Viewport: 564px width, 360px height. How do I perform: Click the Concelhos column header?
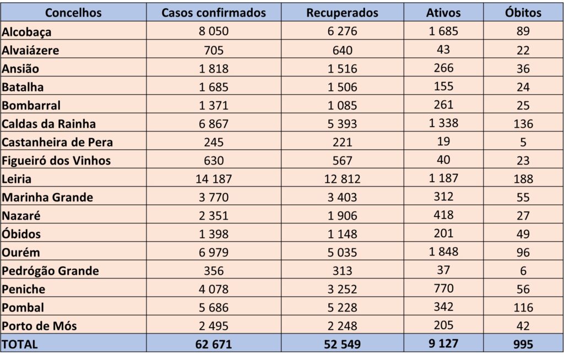pyautogui.click(x=73, y=12)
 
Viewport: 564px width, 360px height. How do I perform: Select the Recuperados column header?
pyautogui.click(x=342, y=12)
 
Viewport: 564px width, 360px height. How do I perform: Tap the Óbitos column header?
pyautogui.click(x=523, y=12)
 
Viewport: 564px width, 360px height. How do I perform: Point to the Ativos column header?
pyautogui.click(x=443, y=12)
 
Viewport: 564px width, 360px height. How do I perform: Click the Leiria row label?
pyautogui.click(x=17, y=179)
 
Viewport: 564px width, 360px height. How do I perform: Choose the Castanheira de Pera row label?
pyautogui.click(x=57, y=142)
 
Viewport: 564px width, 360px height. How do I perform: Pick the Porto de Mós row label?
pyautogui.click(x=39, y=326)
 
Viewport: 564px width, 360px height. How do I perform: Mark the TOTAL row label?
pyautogui.click(x=20, y=344)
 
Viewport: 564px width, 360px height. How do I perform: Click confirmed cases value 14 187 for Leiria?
pyautogui.click(x=214, y=179)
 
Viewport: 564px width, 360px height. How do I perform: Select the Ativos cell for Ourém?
pyautogui.click(x=443, y=252)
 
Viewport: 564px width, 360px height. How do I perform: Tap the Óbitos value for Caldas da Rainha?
pyautogui.click(x=523, y=124)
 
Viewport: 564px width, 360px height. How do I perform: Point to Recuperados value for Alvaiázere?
pyautogui.click(x=342, y=50)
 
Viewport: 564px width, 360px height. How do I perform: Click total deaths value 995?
pyautogui.click(x=523, y=344)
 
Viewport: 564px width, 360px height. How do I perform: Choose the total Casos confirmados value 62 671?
pyautogui.click(x=214, y=344)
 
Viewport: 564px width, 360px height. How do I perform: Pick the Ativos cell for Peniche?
pyautogui.click(x=443, y=288)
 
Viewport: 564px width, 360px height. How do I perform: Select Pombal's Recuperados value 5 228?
pyautogui.click(x=342, y=307)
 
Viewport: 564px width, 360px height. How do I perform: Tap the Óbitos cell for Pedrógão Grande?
pyautogui.click(x=523, y=271)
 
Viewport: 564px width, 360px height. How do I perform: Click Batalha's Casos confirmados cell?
pyautogui.click(x=214, y=87)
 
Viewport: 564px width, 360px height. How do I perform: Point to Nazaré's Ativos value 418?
pyautogui.click(x=443, y=215)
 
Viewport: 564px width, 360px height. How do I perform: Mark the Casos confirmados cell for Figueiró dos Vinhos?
pyautogui.click(x=214, y=161)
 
